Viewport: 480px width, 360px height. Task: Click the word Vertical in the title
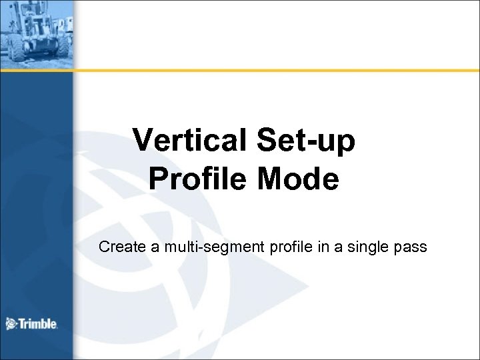[x=184, y=141]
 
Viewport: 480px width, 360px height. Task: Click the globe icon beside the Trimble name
[x=11, y=325]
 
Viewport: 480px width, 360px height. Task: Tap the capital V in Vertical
[x=143, y=141]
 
